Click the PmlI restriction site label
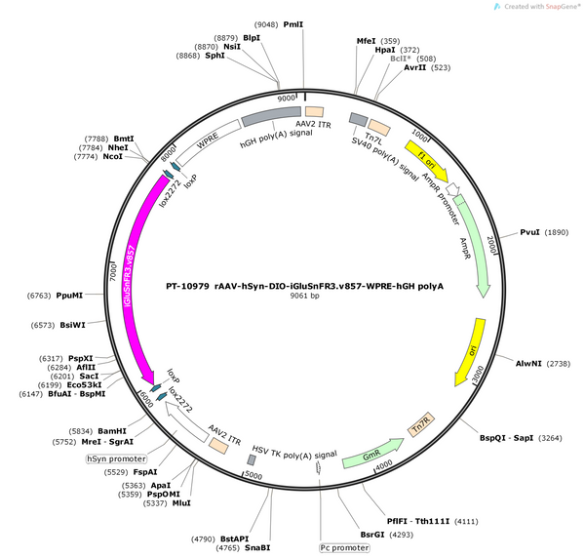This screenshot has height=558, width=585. click(x=293, y=24)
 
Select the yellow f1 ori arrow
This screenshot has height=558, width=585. click(x=426, y=159)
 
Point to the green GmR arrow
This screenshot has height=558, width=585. click(x=372, y=454)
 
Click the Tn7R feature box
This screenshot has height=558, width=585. click(x=421, y=424)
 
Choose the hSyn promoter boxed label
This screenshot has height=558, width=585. click(x=116, y=458)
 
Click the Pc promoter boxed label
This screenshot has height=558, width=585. click(x=344, y=547)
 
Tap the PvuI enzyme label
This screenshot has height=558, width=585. click(x=529, y=232)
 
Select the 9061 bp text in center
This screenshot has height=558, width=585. click(x=305, y=296)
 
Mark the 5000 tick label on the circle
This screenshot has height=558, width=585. click(x=253, y=475)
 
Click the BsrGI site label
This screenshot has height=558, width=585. click(x=372, y=535)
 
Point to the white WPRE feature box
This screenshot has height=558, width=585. click(x=209, y=142)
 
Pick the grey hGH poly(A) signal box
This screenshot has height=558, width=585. click(x=271, y=116)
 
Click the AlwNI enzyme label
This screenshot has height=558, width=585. click(x=528, y=363)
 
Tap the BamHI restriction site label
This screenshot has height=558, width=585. click(x=112, y=431)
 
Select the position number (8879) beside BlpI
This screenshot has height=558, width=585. click(x=226, y=38)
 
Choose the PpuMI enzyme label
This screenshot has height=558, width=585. click(x=69, y=296)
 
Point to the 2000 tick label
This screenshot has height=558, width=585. click(x=492, y=245)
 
